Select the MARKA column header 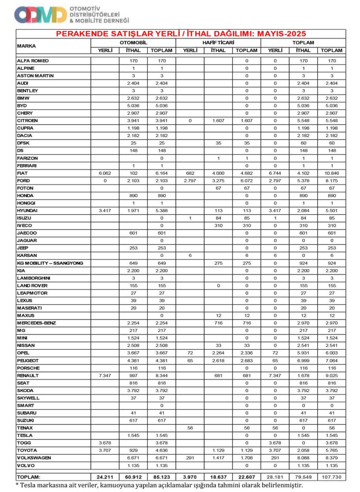click(x=29, y=46)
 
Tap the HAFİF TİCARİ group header click(x=218, y=42)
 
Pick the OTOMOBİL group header click(x=134, y=42)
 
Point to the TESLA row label click(x=25, y=435)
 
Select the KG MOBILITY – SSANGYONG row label click(x=50, y=263)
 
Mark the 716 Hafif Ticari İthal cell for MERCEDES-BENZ click(x=218, y=323)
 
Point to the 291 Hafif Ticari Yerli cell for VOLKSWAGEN click(x=190, y=458)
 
